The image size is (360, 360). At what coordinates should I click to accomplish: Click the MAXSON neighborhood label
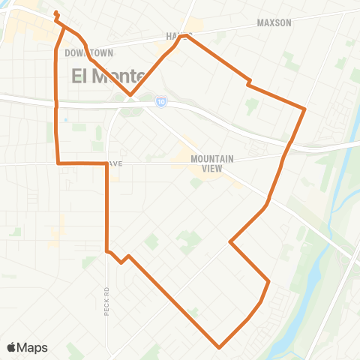coord(274,23)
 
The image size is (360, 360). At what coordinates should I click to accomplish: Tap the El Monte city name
coord(103,75)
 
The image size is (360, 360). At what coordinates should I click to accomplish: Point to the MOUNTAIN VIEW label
coord(213,163)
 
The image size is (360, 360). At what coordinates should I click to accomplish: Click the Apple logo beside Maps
coord(12,347)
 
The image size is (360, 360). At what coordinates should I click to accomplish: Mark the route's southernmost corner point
coord(219,348)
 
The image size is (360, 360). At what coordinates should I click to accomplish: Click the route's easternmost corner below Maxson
coord(304,109)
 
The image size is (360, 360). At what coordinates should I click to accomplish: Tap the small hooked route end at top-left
coord(57,13)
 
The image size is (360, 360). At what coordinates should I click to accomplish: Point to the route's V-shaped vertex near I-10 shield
coord(130,95)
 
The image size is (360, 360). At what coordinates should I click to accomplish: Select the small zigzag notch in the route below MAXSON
coord(248,82)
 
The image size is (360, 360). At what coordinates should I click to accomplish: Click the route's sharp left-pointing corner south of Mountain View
coord(229,242)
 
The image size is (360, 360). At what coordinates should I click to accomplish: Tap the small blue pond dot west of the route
coord(66,120)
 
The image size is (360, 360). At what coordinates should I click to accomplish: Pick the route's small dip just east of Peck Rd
coord(121,262)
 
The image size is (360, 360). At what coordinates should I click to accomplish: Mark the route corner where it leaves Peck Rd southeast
coord(107,251)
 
